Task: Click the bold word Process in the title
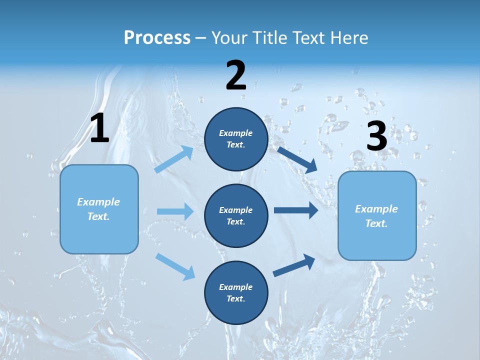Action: pyautogui.click(x=157, y=38)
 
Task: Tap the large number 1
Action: pyautogui.click(x=99, y=128)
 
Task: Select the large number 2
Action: pyautogui.click(x=236, y=76)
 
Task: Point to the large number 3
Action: pyautogui.click(x=377, y=136)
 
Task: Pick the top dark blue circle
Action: pyautogui.click(x=236, y=139)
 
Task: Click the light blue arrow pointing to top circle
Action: pyautogui.click(x=174, y=159)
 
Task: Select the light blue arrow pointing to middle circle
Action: pyautogui.click(x=175, y=211)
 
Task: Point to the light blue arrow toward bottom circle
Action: pyautogui.click(x=175, y=266)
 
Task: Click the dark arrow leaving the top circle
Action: pyautogui.click(x=297, y=159)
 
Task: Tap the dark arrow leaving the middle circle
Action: pyautogui.click(x=296, y=210)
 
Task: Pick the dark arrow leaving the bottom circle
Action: pyautogui.click(x=294, y=265)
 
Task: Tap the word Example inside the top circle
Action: pyautogui.click(x=236, y=133)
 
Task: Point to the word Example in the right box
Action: pyautogui.click(x=376, y=209)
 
